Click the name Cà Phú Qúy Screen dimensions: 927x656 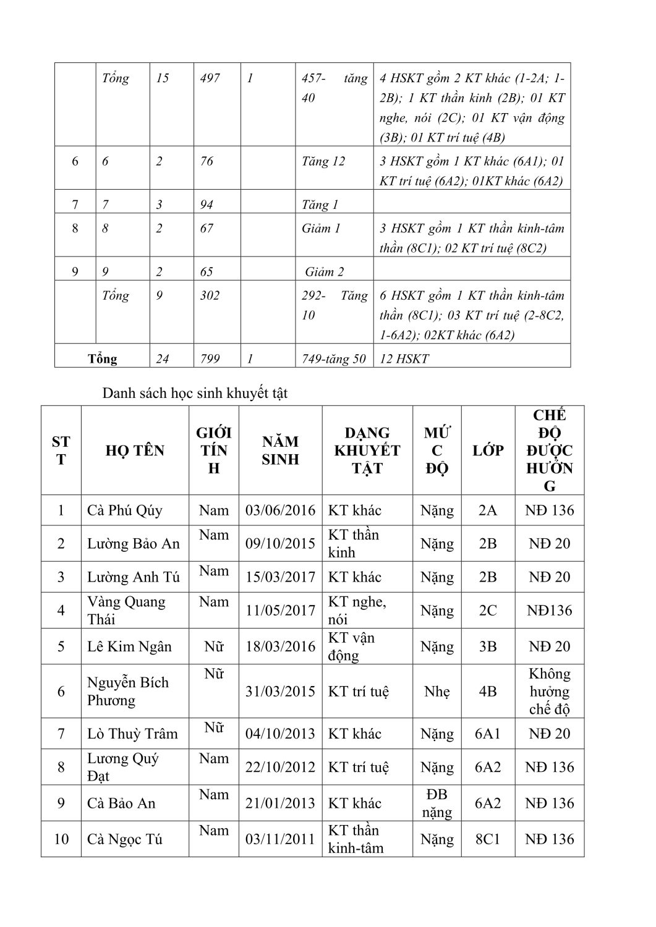coord(125,510)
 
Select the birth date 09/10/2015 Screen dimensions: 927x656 coord(280,544)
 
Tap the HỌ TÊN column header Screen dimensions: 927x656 coord(135,451)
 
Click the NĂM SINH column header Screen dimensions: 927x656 coord(280,451)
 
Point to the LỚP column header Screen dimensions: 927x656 coord(488,451)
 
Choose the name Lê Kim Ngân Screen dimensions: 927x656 coord(129,646)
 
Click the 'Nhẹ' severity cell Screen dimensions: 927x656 coord(437,692)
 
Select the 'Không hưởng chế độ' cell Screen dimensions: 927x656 coord(549,692)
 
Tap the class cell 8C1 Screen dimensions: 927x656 coord(488,839)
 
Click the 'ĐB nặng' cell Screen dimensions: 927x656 coord(437,803)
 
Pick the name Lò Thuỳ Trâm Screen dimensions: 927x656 coord(132,734)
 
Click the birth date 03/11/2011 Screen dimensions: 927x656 coord(280,839)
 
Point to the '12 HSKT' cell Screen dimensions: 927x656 coord(404,359)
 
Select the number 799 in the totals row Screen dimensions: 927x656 coord(210,359)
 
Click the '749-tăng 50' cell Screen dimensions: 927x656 coord(334,359)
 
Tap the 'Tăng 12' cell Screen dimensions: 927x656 coord(323,161)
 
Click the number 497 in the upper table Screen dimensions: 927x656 coord(210,78)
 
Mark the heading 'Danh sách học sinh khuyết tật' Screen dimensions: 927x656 coord(195,393)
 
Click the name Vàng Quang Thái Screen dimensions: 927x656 coord(127,611)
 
